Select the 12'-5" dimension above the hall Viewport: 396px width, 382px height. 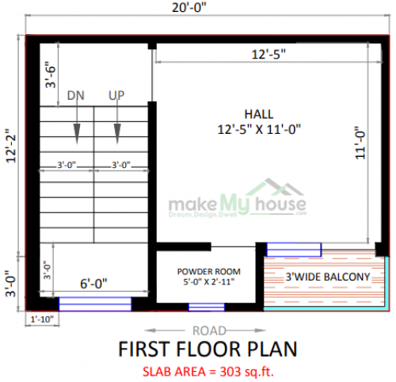(x=268, y=55)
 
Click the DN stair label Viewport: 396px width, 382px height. (x=75, y=96)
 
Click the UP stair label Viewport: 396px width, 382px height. (x=116, y=96)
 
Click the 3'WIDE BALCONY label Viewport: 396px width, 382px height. (x=327, y=276)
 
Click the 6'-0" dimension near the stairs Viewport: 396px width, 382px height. (x=93, y=283)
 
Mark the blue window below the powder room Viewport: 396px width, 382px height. (x=207, y=306)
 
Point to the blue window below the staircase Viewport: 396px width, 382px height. (x=95, y=303)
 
